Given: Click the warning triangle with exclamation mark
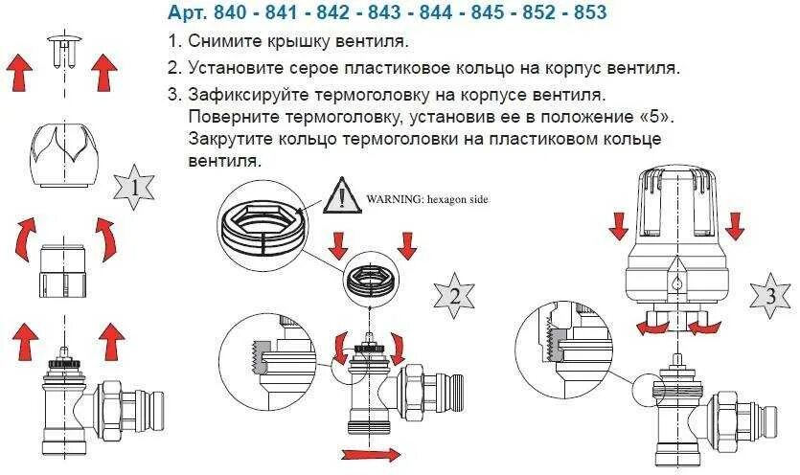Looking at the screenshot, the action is pyautogui.click(x=341, y=197).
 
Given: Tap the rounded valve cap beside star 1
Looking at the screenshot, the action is pyautogui.click(x=63, y=152).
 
